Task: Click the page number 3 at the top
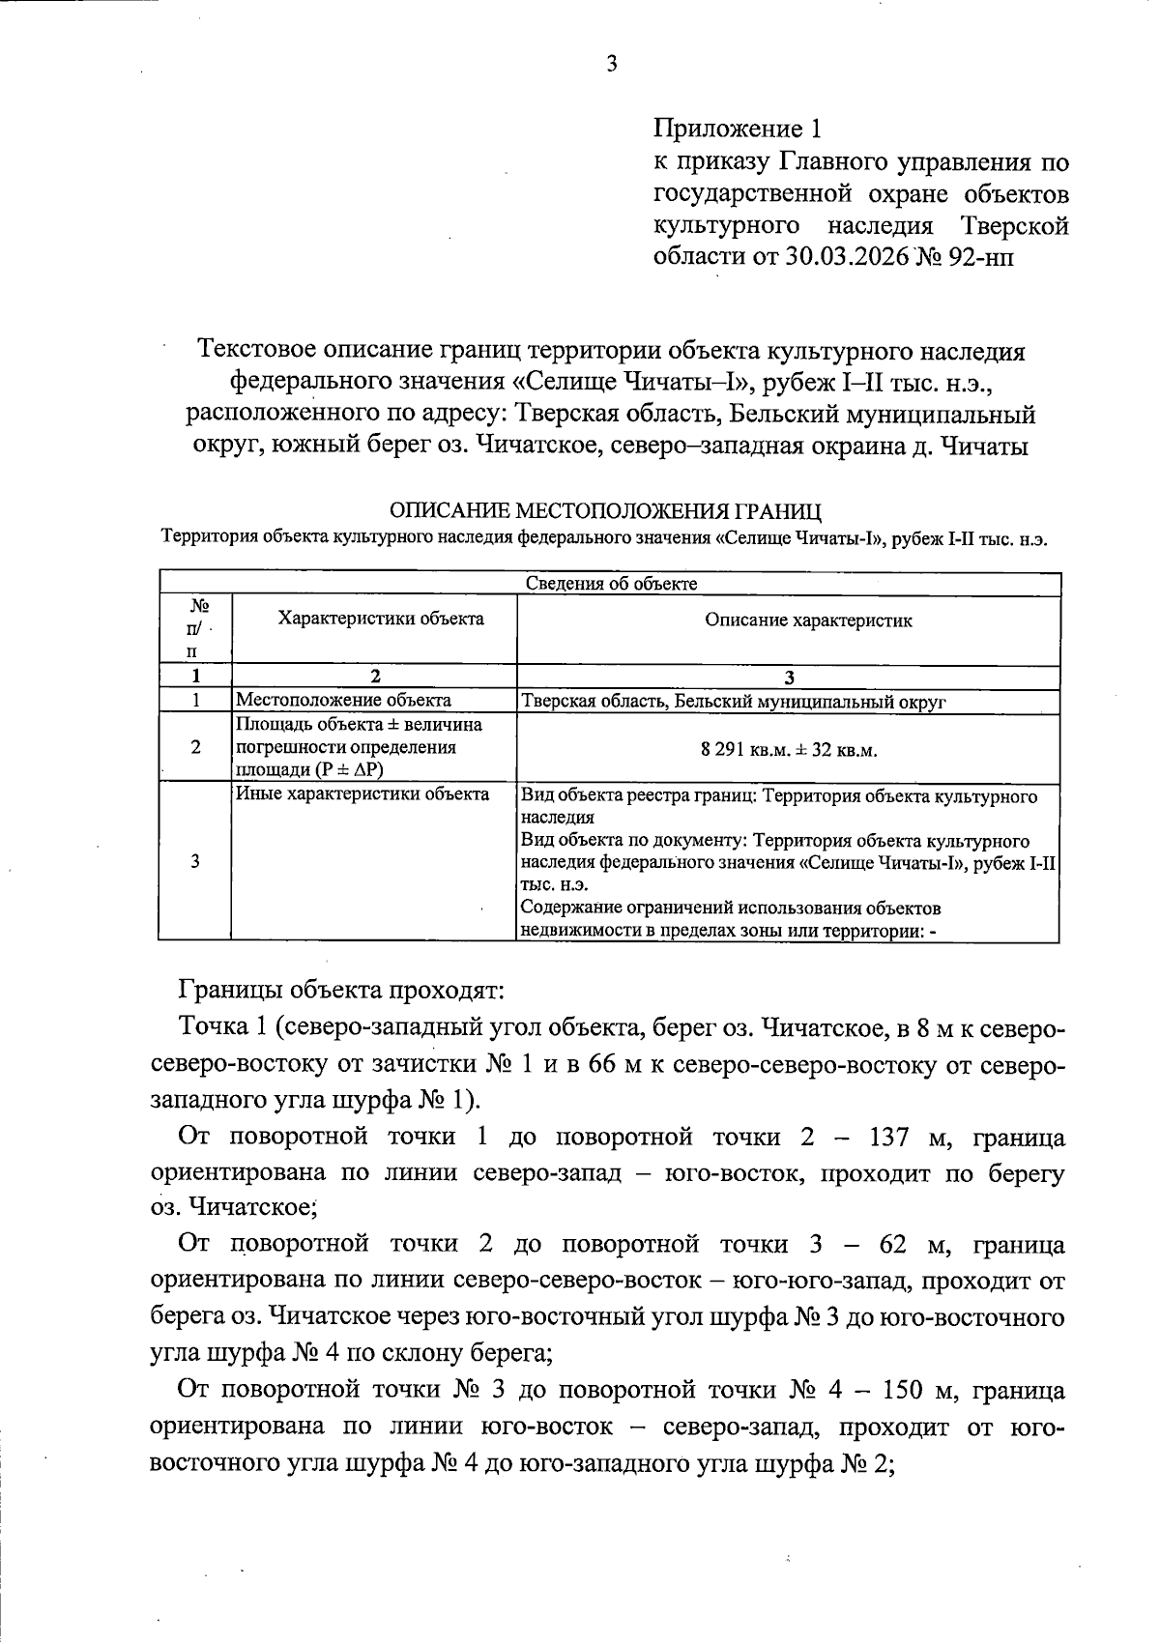(610, 65)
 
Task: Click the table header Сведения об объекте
(611, 583)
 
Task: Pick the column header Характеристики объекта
(381, 619)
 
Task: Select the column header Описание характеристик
(808, 620)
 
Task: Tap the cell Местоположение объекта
(343, 701)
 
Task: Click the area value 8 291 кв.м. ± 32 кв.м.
(789, 749)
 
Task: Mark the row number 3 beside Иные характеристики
(196, 861)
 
